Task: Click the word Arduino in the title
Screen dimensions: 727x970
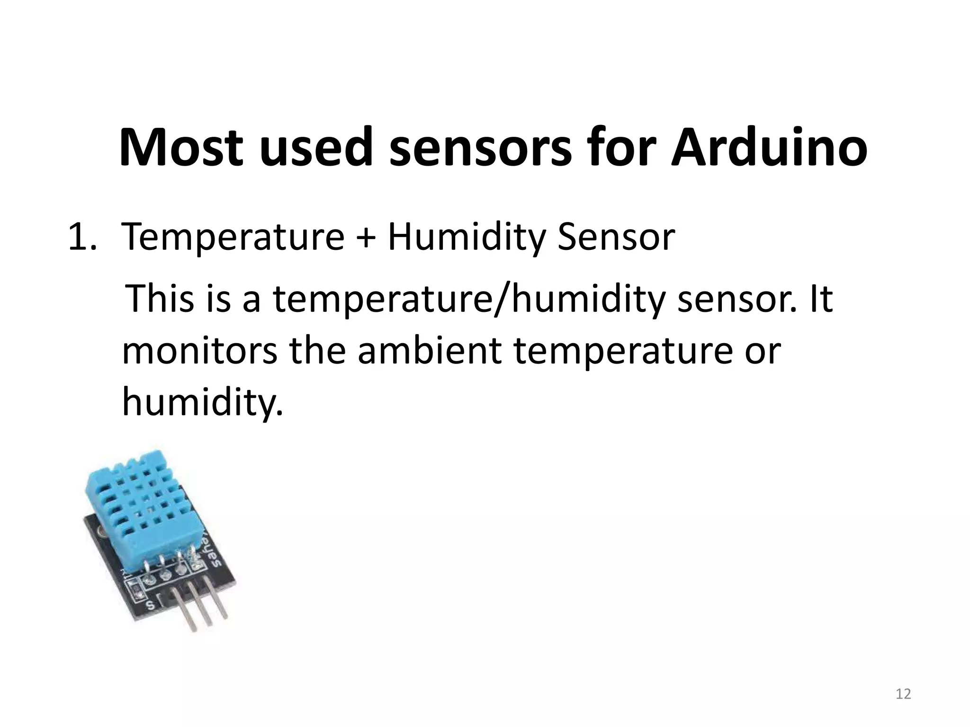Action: coord(769,147)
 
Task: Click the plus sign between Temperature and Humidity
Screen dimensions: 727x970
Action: coord(366,238)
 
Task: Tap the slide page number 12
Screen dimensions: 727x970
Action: coord(903,694)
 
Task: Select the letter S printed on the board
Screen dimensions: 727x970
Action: coord(151,605)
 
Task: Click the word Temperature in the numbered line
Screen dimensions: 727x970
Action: coord(233,238)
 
